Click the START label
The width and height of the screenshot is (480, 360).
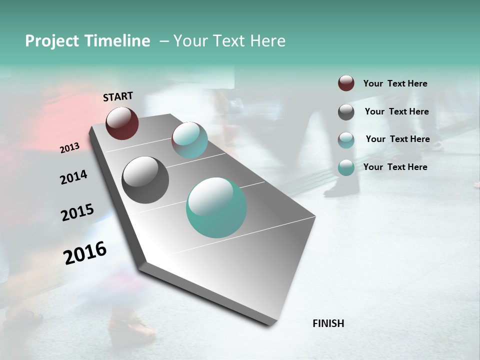118,96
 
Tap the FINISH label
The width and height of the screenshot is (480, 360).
328,323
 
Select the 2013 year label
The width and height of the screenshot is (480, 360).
69,148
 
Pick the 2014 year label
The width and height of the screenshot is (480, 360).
73,177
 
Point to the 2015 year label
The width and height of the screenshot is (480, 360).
77,212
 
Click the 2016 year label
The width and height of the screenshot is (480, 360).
85,252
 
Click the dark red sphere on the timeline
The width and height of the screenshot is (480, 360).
122,123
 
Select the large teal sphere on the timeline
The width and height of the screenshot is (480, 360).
216,207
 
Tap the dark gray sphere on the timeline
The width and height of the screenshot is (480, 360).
145,180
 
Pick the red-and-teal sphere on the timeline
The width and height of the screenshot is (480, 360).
189,140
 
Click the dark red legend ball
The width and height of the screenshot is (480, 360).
346,83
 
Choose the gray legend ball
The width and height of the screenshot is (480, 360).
346,112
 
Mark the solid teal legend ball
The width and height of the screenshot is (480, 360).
346,167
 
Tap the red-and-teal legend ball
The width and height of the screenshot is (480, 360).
346,140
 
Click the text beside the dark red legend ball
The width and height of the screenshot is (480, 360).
395,83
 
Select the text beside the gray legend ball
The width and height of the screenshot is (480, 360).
396,111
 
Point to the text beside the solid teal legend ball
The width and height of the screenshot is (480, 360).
395,167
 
